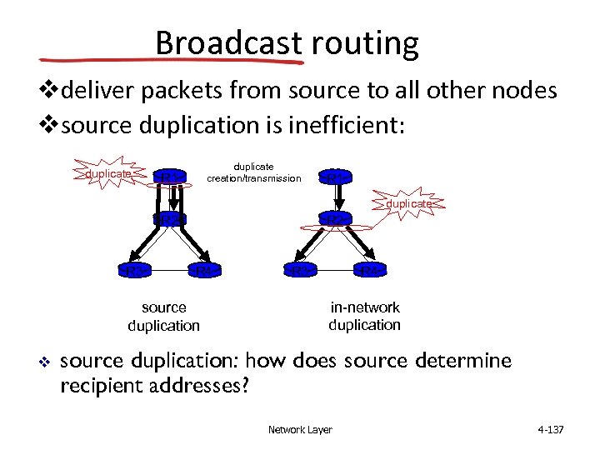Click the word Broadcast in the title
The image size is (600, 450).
coord(227,42)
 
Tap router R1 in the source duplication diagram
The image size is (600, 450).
coord(168,177)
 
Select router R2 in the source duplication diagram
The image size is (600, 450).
coord(168,219)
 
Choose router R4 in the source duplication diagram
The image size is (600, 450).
coord(203,270)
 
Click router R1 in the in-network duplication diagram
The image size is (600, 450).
coord(334,177)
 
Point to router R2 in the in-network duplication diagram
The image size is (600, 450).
coord(334,219)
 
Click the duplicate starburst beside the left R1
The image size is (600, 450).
coord(110,173)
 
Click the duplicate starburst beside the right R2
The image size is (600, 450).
coord(409,203)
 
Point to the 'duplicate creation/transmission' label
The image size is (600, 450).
coord(253,172)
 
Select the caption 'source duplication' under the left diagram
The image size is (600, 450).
coord(163,317)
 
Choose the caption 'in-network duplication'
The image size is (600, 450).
coord(364,316)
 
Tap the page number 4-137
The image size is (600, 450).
coord(551,430)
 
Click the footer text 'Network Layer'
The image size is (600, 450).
coord(300,430)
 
